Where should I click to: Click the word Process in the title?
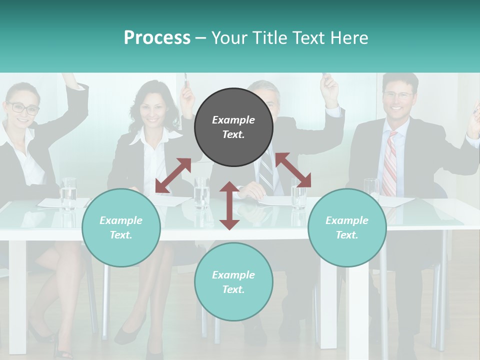pos(157,38)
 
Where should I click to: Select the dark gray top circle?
pos(233,127)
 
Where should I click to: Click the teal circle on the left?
pos(121,227)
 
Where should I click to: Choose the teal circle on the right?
pos(347,227)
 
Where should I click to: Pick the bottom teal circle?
pos(233,282)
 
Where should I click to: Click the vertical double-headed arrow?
pos(229,205)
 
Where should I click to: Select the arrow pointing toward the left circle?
pos(173,175)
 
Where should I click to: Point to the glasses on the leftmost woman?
pos(23,107)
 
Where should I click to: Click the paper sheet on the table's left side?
pos(56,202)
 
